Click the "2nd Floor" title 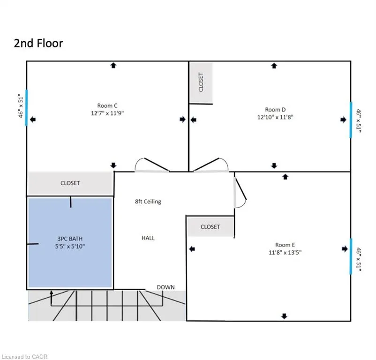pos(38,44)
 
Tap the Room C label pos(107,105)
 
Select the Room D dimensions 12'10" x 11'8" pos(275,117)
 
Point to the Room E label pos(285,245)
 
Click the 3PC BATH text pos(70,239)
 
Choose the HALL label pos(148,238)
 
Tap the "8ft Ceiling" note pos(148,202)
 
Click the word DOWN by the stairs pos(165,287)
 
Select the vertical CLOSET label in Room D pos(201,82)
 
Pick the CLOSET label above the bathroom pos(70,183)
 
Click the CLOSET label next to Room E pos(210,227)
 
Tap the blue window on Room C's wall pos(27,108)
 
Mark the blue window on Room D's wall pos(351,120)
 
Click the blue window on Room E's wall pos(351,256)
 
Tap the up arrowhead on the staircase pos(51,292)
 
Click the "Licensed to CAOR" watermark pos(24,357)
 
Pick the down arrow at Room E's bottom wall pos(284,316)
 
